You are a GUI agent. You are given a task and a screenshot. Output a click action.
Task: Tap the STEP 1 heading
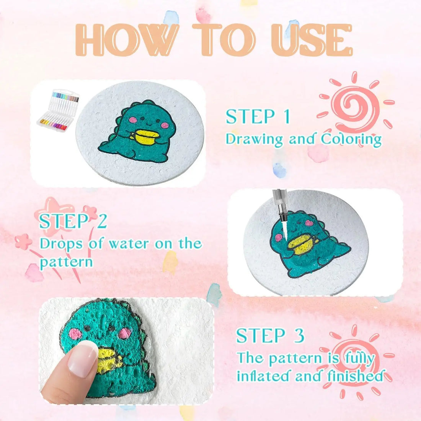pyautogui.click(x=258, y=117)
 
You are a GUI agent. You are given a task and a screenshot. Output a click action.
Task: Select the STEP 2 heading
pyautogui.click(x=73, y=222)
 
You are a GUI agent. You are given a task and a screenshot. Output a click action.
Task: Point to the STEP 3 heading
pyautogui.click(x=270, y=336)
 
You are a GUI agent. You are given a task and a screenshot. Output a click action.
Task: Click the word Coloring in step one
pyautogui.click(x=351, y=139)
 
